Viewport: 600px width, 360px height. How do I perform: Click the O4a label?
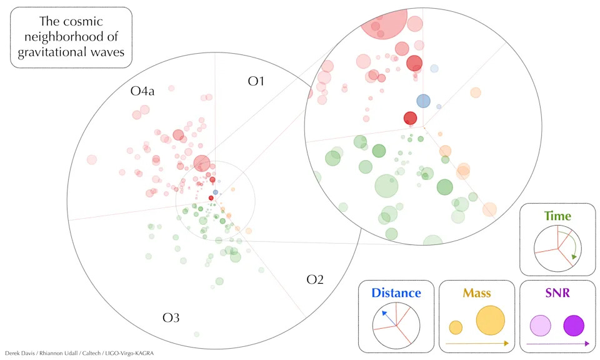pos(142,92)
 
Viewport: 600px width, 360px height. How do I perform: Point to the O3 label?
pos(171,317)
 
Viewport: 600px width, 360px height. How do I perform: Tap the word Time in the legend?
pos(557,216)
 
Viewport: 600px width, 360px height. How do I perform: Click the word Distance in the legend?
pos(396,292)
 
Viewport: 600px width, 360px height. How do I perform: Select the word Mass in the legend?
pos(476,292)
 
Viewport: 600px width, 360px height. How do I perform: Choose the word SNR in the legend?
pos(557,292)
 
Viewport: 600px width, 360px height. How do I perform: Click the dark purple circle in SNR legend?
pos(574,326)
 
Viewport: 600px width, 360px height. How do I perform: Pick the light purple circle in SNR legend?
pos(540,326)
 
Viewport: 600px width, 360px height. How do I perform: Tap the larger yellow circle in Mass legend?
pos(491,320)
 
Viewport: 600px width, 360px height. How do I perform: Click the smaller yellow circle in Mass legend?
pos(456,327)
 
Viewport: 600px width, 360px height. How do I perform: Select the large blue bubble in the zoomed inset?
pos(424,101)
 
